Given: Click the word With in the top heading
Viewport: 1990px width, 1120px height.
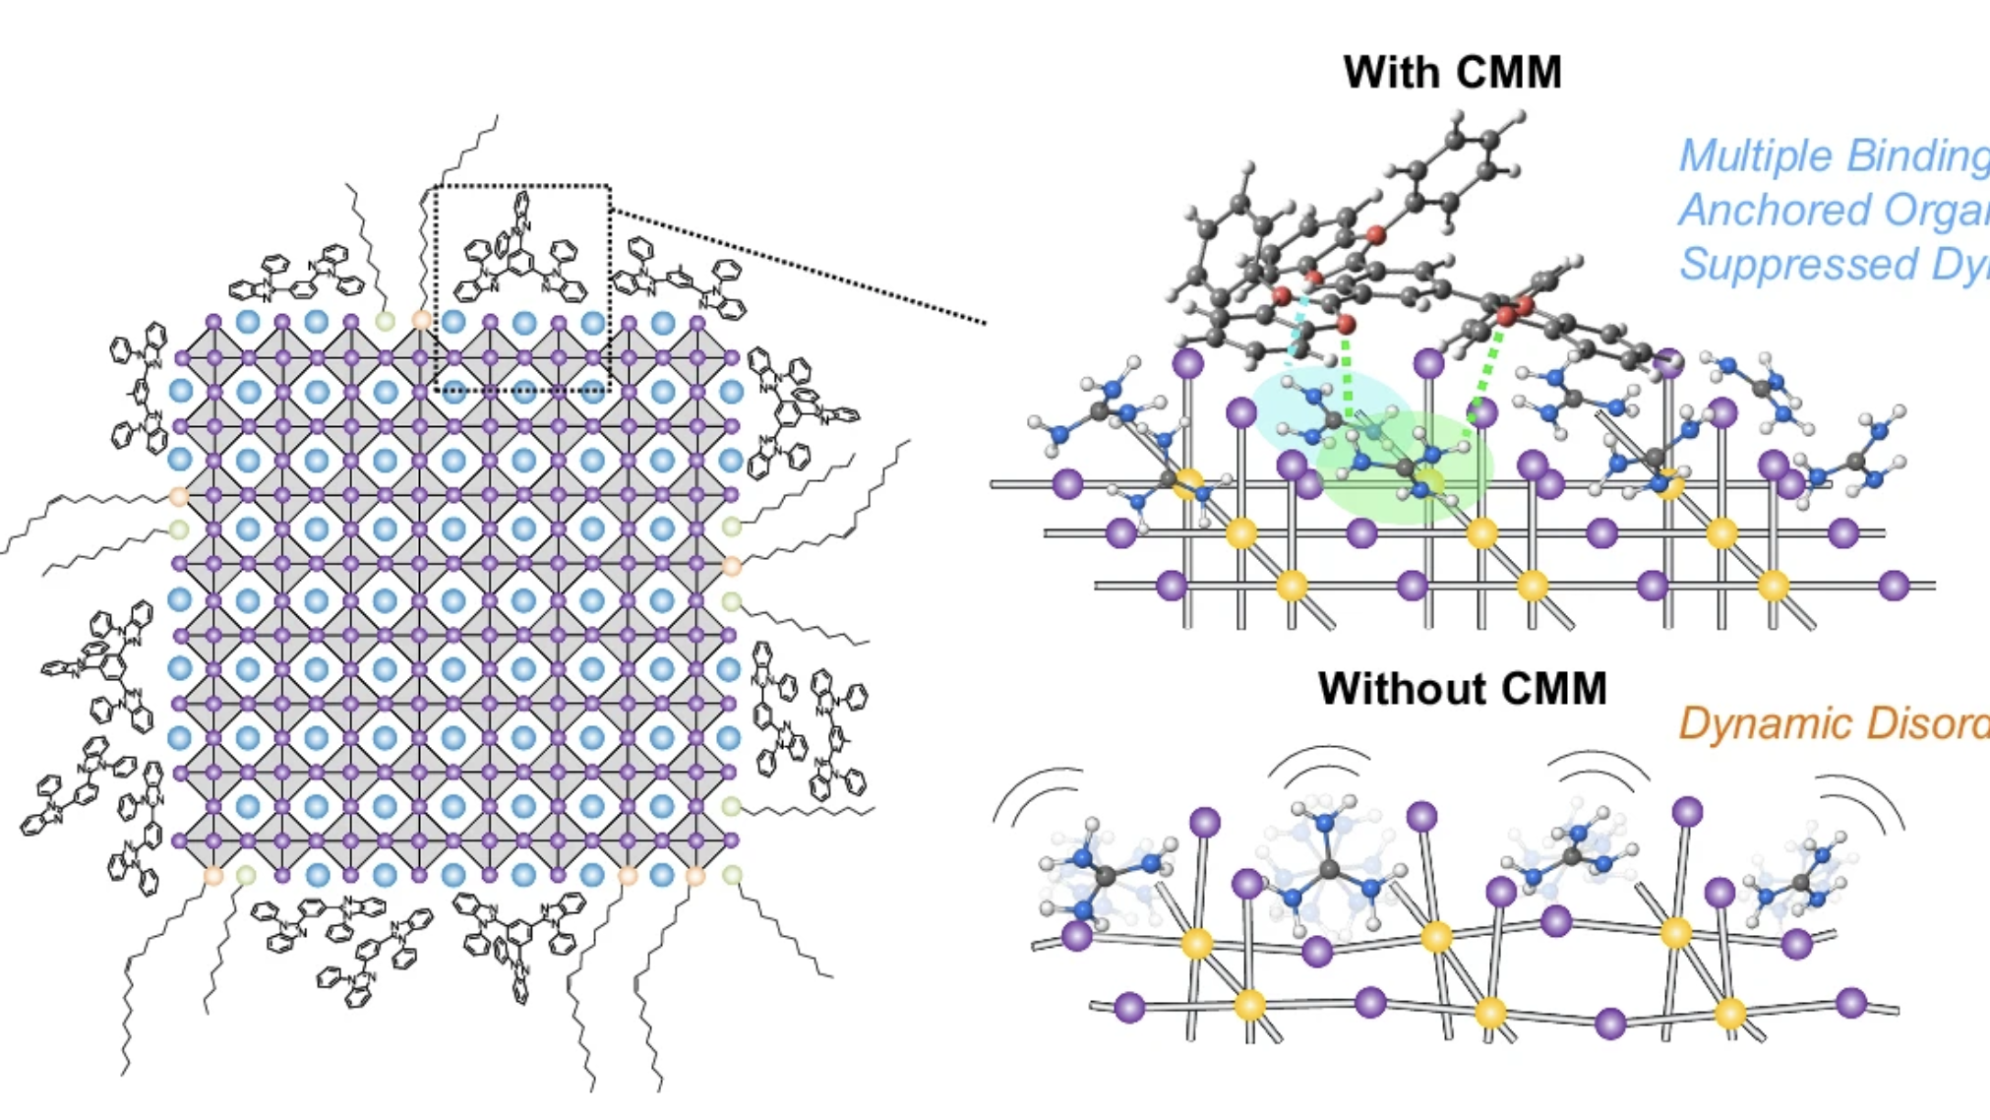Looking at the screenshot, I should tap(1389, 73).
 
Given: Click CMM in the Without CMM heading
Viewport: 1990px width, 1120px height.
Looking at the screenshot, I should tap(1554, 688).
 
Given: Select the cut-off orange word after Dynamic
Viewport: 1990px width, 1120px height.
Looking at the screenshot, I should tap(1927, 723).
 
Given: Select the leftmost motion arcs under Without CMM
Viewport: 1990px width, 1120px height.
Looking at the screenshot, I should tap(1038, 792).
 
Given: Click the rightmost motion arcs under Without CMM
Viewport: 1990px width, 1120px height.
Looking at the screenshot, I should tap(1859, 797).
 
